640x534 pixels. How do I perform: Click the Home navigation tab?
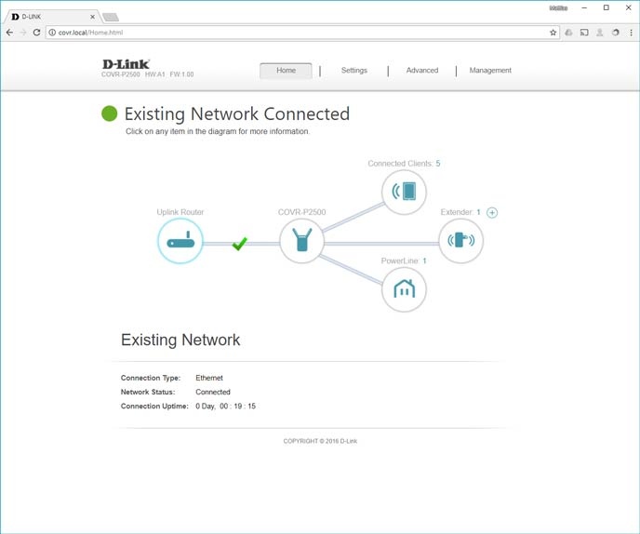pyautogui.click(x=286, y=71)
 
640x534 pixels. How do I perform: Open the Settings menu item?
pyautogui.click(x=353, y=71)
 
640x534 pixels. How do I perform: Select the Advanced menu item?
pyautogui.click(x=421, y=71)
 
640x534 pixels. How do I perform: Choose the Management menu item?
pyautogui.click(x=490, y=71)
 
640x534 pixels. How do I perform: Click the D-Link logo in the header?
pyautogui.click(x=126, y=64)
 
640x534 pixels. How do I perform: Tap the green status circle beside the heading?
pyautogui.click(x=110, y=113)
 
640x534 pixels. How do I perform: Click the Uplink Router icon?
pyautogui.click(x=180, y=241)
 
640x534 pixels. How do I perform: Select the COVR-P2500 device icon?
pyautogui.click(x=301, y=241)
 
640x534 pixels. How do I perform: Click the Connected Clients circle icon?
pyautogui.click(x=405, y=192)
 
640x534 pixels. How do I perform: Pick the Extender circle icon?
pyautogui.click(x=461, y=241)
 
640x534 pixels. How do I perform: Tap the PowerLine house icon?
pyautogui.click(x=405, y=289)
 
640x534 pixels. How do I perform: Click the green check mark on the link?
pyautogui.click(x=239, y=243)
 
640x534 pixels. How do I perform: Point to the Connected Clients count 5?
pyautogui.click(x=438, y=164)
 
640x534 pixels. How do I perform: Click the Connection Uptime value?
pyautogui.click(x=225, y=407)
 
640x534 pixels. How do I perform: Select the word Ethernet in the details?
pyautogui.click(x=209, y=378)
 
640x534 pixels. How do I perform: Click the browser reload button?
pyautogui.click(x=36, y=33)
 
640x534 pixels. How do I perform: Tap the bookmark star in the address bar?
pyautogui.click(x=553, y=33)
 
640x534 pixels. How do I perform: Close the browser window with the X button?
pyautogui.click(x=628, y=7)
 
